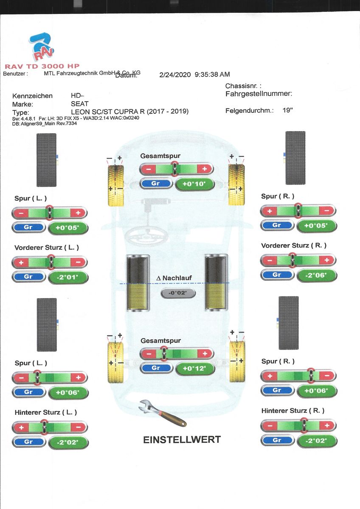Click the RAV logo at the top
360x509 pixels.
[x=42, y=48]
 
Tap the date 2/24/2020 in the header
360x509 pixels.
[x=175, y=74]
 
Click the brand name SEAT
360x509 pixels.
[x=80, y=103]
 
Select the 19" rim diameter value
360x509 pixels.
[x=287, y=111]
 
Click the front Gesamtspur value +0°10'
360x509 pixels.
[x=194, y=184]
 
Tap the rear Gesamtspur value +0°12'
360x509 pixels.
[x=194, y=369]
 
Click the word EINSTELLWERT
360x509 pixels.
[x=182, y=439]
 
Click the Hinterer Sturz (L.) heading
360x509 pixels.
[x=46, y=412]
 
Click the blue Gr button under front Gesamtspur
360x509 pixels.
[x=156, y=184]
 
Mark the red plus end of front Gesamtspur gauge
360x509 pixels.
[x=204, y=169]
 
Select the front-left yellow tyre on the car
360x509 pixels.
[x=115, y=185]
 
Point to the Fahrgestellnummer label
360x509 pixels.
[x=259, y=94]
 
